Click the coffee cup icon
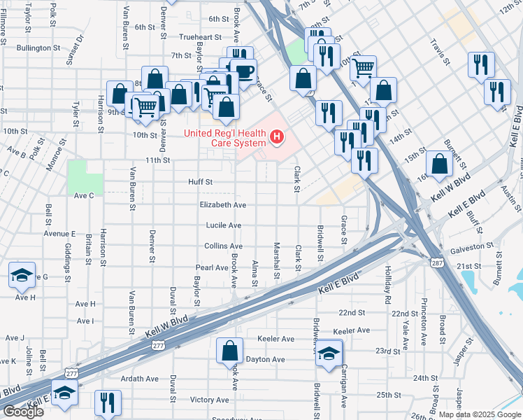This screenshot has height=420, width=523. (x=245, y=71)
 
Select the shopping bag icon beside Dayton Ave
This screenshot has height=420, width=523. (x=229, y=351)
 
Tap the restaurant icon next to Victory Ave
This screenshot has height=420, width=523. (x=108, y=402)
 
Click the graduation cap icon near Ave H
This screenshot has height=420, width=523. (x=22, y=274)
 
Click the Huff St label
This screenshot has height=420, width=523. (x=200, y=181)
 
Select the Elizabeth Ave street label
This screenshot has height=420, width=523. (x=222, y=205)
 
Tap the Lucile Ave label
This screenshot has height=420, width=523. (x=223, y=225)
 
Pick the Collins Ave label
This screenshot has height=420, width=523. (x=223, y=246)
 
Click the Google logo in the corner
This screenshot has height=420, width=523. (x=23, y=412)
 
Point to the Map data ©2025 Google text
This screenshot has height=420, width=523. (x=480, y=414)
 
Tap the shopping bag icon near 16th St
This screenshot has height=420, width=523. (x=438, y=163)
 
